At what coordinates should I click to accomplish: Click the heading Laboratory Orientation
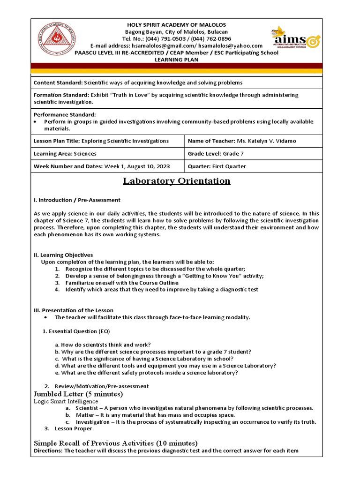176,181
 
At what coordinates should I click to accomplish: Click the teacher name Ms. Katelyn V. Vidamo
266,141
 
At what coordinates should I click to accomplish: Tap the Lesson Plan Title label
57,141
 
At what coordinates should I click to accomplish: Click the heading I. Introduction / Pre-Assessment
77,200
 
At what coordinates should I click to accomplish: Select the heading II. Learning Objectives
63,255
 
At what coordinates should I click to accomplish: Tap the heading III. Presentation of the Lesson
73,310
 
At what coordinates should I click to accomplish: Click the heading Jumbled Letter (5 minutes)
78,394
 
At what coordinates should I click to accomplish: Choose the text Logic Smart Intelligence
66,401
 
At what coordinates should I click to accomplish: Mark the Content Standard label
58,83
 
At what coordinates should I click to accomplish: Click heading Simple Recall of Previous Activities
116,443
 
